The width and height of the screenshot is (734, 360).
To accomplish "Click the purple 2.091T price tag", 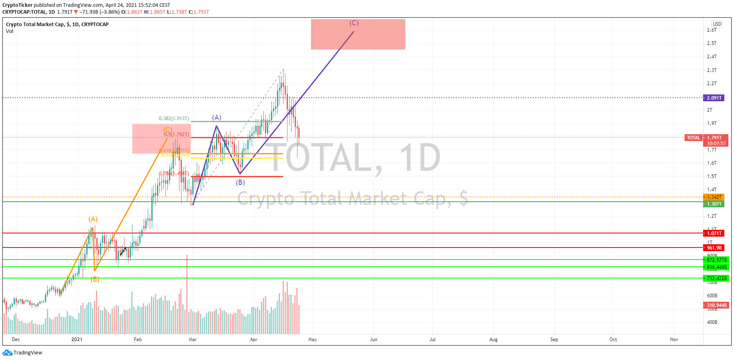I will point(714,98).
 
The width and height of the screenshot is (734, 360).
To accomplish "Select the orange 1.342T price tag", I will point(714,197).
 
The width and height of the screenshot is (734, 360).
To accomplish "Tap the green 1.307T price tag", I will point(714,204).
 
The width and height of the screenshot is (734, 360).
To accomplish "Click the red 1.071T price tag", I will point(714,233).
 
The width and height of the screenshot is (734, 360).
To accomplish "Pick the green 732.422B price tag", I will point(716,278).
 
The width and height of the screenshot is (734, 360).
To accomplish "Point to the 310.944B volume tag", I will point(716,305).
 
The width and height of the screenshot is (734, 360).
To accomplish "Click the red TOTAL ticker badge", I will point(693,138).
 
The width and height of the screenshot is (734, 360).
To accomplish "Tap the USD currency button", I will point(717,24).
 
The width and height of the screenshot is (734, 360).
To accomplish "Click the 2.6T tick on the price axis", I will point(712,30).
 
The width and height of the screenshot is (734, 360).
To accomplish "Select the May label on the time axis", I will point(312,340).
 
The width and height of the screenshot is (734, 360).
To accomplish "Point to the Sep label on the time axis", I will point(554,340).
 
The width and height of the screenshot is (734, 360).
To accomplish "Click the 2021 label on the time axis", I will point(77,340).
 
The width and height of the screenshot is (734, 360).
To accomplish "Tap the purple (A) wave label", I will point(217,117).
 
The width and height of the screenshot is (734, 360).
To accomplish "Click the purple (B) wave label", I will point(240,182).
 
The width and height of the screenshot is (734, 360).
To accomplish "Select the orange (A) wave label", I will point(93,219).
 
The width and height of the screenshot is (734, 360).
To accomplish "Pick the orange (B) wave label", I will point(95,279).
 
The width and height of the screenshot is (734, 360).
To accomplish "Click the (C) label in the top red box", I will point(354,23).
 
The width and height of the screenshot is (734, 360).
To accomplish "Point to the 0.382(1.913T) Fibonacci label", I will point(173,119).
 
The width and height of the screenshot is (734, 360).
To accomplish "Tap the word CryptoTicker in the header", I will point(17,5).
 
